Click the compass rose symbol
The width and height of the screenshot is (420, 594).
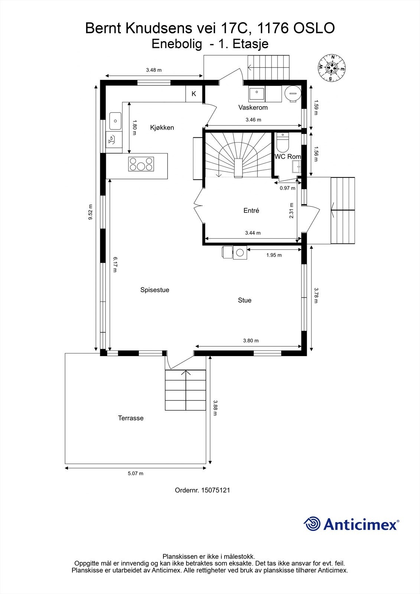[x=332, y=68]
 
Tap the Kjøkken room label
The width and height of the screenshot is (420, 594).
[x=162, y=128]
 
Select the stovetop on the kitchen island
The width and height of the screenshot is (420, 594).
[x=141, y=164]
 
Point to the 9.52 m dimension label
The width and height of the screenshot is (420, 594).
[x=90, y=212]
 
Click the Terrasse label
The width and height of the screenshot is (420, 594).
[x=131, y=418]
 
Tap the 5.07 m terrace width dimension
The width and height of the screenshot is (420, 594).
[x=136, y=473]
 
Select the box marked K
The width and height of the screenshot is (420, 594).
[x=194, y=94]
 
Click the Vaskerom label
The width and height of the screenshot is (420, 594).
[x=253, y=108]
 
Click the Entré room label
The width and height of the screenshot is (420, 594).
[x=251, y=210]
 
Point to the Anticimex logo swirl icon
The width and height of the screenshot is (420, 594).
[x=312, y=524]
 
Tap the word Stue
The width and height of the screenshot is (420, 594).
[x=244, y=300]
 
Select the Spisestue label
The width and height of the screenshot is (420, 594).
[x=154, y=290]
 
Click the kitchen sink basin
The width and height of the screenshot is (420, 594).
[x=115, y=121]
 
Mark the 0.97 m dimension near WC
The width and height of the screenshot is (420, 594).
[x=287, y=188]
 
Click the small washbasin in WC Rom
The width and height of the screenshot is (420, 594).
[x=297, y=167]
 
